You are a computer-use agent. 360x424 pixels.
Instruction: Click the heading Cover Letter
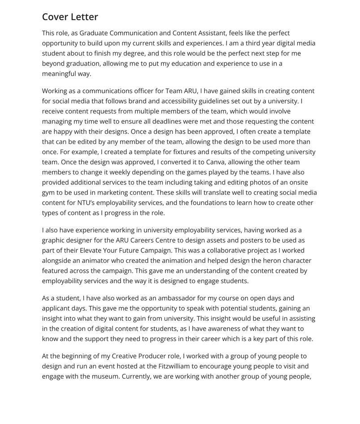(x=70, y=17)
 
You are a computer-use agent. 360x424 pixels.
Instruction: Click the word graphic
(x=54, y=240)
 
